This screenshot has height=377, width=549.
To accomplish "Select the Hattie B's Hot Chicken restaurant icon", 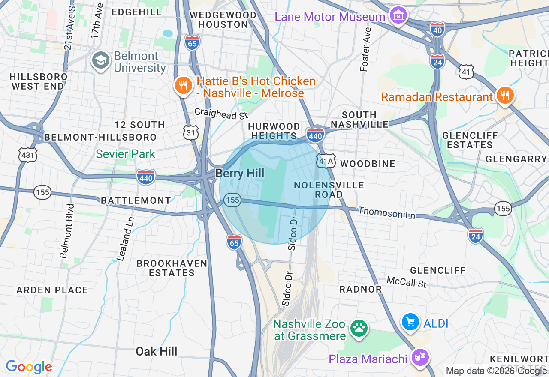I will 183,86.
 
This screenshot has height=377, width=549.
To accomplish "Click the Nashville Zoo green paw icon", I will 359,329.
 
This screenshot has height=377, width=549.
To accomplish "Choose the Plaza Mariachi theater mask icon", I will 420,356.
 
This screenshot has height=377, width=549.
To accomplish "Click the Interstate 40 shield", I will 437,29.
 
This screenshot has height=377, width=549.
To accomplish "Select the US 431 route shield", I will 28,154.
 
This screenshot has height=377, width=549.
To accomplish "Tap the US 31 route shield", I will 191,133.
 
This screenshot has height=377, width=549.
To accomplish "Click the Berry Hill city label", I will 240,173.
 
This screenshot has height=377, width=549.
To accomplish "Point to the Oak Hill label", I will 156,352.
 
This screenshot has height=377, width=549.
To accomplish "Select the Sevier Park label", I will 125,154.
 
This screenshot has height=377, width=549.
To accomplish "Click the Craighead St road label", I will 221,114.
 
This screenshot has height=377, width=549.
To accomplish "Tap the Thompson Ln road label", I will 386,212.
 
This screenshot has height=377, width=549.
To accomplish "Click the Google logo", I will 29,367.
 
